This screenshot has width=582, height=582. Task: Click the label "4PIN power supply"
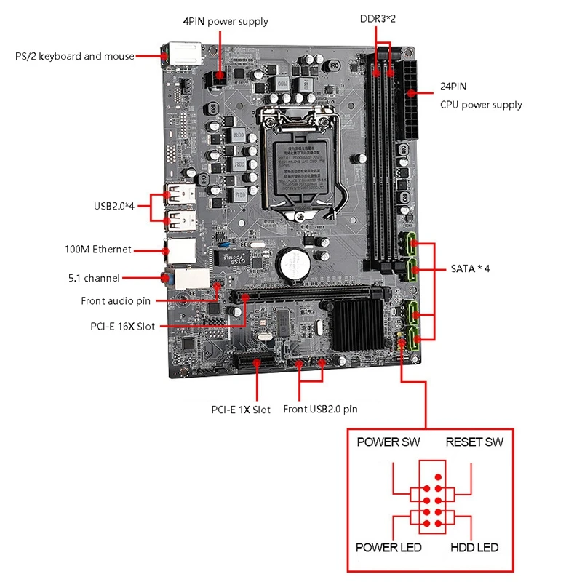225,21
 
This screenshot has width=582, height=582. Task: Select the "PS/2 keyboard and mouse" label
75,56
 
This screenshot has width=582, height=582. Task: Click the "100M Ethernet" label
97,249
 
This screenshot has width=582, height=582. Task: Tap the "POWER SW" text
388,442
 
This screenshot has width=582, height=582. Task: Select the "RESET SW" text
474,442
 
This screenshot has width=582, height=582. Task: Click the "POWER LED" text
388,547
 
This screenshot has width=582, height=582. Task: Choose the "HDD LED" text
474,547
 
